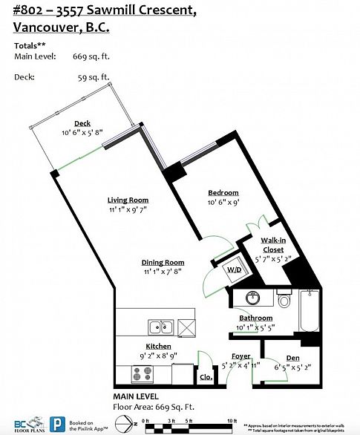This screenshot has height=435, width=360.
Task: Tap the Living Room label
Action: point(128,200)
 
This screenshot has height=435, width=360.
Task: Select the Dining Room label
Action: point(163,262)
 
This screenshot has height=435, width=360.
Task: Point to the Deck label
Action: point(82,124)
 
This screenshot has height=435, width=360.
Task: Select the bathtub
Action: point(308,315)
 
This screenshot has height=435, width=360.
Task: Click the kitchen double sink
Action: point(160,327)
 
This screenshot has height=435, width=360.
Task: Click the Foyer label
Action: point(240,356)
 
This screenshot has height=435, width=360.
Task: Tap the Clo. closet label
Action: point(206,377)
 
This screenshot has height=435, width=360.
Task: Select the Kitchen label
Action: point(158,347)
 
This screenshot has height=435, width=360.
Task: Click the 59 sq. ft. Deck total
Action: point(94,76)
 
